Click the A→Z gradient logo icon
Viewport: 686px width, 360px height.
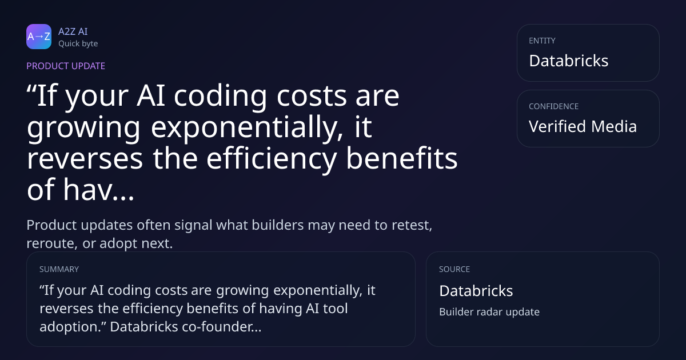pyautogui.click(x=39, y=37)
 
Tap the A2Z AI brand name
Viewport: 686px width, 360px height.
pyautogui.click(x=73, y=31)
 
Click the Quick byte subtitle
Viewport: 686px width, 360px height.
pyautogui.click(x=78, y=44)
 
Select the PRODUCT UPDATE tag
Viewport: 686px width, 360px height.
pyautogui.click(x=66, y=66)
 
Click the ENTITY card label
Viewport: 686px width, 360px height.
pyautogui.click(x=542, y=41)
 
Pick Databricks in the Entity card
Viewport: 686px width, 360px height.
pyautogui.click(x=569, y=61)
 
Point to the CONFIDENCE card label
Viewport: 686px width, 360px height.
pyautogui.click(x=554, y=106)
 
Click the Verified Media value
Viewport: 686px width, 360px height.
pyautogui.click(x=583, y=126)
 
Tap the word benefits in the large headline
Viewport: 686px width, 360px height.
pyautogui.click(x=402, y=158)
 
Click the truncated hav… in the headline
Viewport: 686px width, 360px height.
pyautogui.click(x=98, y=190)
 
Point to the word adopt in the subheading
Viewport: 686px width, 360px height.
pyautogui.click(x=118, y=243)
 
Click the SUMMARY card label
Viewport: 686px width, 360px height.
pyautogui.click(x=59, y=269)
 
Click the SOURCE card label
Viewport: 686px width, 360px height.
pyautogui.click(x=454, y=269)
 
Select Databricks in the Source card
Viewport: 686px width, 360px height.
pyautogui.click(x=476, y=291)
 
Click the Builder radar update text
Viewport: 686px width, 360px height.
pyautogui.click(x=489, y=312)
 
